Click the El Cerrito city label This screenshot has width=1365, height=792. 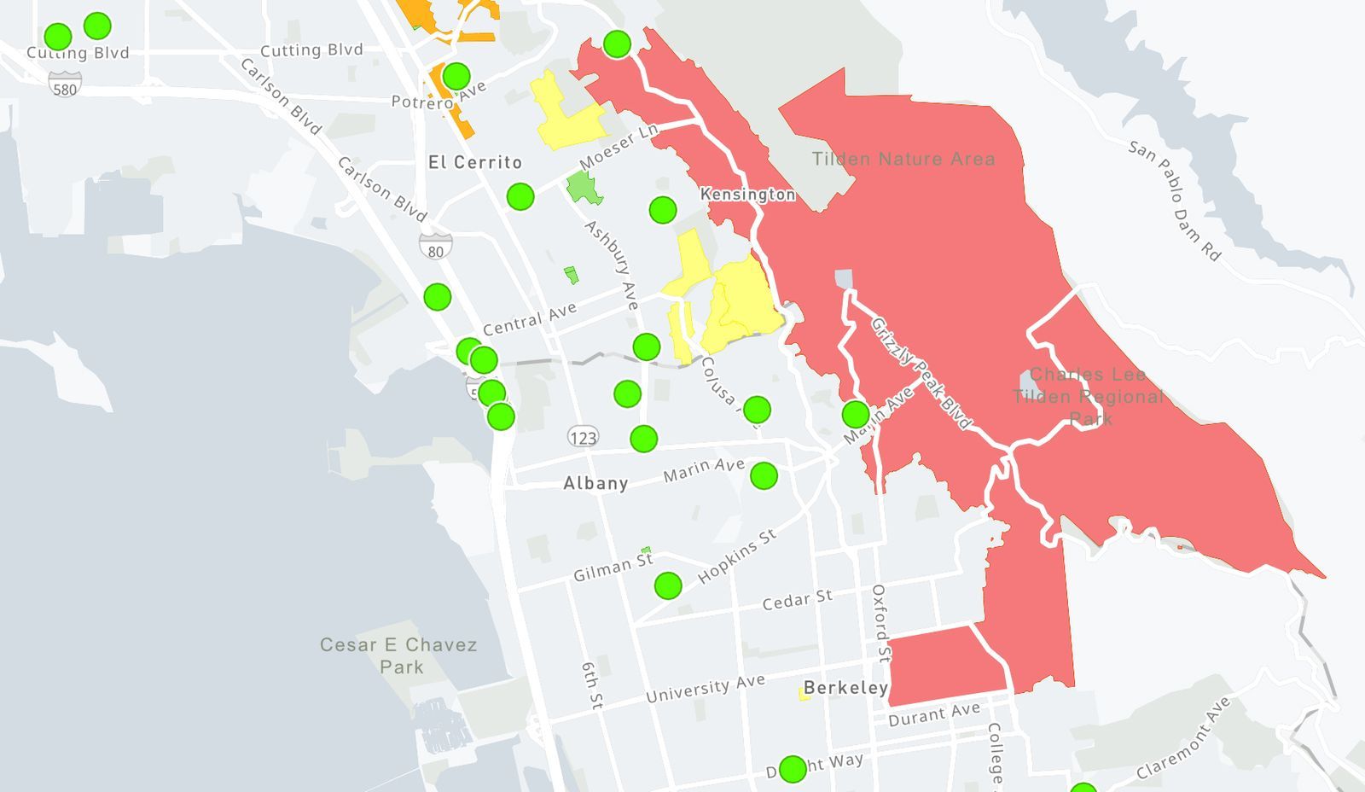[x=475, y=162]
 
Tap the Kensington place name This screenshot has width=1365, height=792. [x=747, y=195]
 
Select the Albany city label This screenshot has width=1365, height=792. [x=595, y=483]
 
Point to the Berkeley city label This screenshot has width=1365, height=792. [x=845, y=688]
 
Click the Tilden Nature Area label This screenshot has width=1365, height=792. [x=903, y=159]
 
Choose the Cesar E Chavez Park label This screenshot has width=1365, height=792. [x=398, y=655]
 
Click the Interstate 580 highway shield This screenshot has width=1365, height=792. [x=65, y=85]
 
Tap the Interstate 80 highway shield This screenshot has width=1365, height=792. [x=436, y=247]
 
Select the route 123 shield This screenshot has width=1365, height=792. [x=584, y=437]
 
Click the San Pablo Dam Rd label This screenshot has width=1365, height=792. [x=1175, y=201]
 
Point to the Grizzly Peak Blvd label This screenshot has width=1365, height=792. [x=921, y=373]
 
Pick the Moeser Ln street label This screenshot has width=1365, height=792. [x=619, y=146]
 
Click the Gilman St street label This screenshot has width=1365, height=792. [x=613, y=567]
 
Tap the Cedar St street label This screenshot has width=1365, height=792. [x=797, y=600]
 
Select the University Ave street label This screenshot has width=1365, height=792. [x=706, y=689]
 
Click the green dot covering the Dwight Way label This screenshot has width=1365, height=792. [x=793, y=769]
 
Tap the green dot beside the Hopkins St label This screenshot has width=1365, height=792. [x=668, y=585]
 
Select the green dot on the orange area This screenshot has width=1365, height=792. [x=456, y=76]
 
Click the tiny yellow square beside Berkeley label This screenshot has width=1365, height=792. [x=804, y=694]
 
